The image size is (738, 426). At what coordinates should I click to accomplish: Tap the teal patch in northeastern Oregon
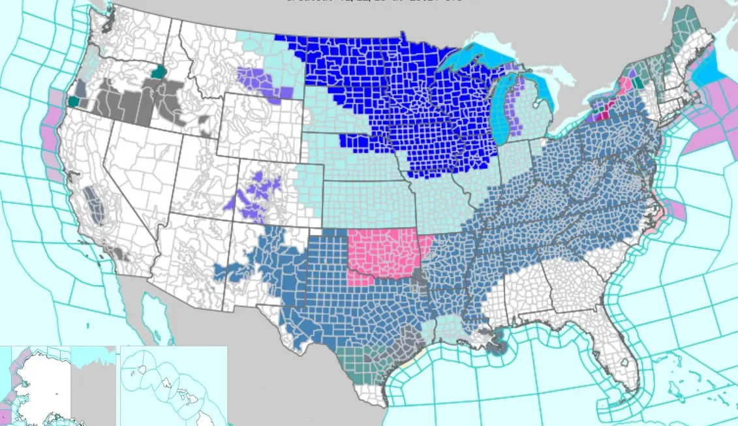coord(157,71)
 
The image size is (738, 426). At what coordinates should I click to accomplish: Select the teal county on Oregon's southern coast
coord(73,102)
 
